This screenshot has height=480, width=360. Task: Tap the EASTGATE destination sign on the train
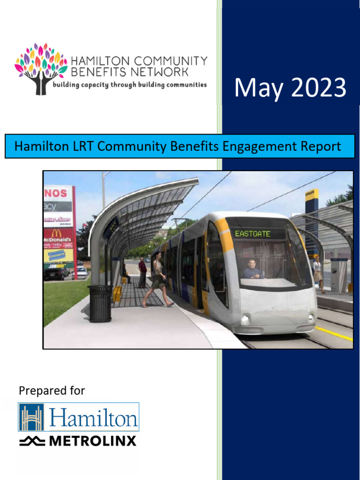pos(253,233)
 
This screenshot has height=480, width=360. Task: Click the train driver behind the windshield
pos(252,270)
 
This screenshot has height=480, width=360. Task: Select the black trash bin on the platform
pos(100,303)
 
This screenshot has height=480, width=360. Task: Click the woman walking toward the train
pos(158,279)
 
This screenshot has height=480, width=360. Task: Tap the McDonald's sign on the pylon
pos(58,237)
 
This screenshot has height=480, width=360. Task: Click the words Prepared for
pos(52,390)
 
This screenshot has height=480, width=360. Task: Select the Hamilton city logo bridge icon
pos(31,417)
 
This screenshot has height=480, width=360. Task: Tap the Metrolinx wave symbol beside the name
pos(32,441)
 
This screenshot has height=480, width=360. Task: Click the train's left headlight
pos(245,319)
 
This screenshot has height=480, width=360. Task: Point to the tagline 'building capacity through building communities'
pos(129,85)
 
